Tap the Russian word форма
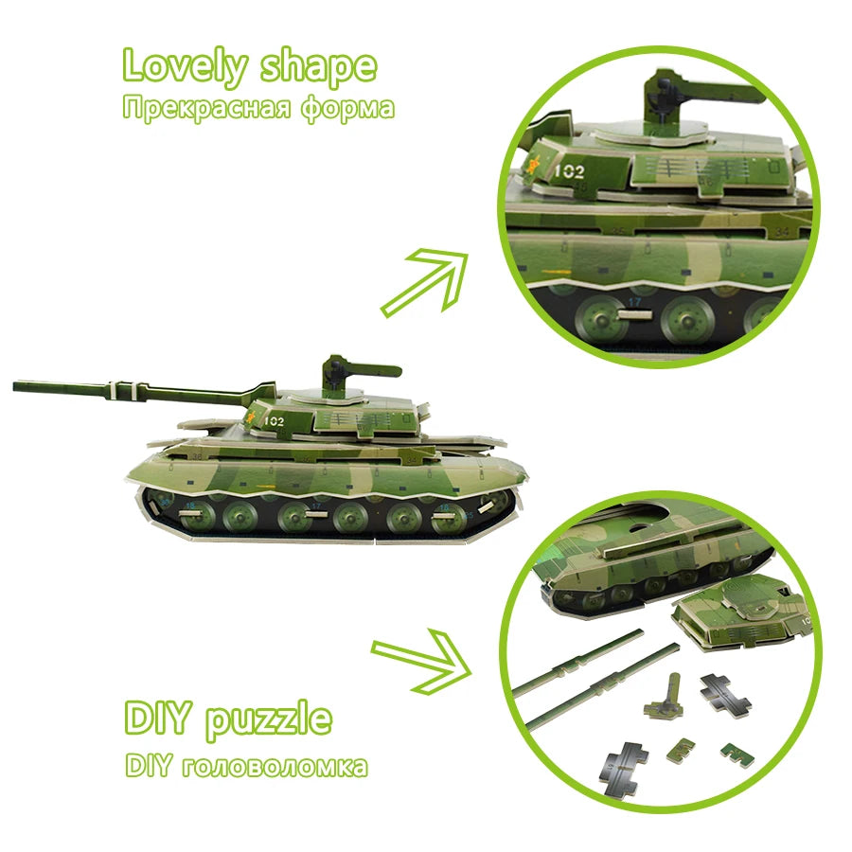(347, 108)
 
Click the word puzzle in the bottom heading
(269, 721)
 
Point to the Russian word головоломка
(275, 767)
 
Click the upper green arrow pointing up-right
(424, 281)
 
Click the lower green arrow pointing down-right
(421, 662)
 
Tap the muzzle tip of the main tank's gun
(15, 385)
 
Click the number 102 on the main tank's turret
(275, 421)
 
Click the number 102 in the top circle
(570, 171)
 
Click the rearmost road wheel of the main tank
(493, 504)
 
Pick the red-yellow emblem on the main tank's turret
(251, 417)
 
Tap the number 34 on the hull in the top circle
(782, 232)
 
